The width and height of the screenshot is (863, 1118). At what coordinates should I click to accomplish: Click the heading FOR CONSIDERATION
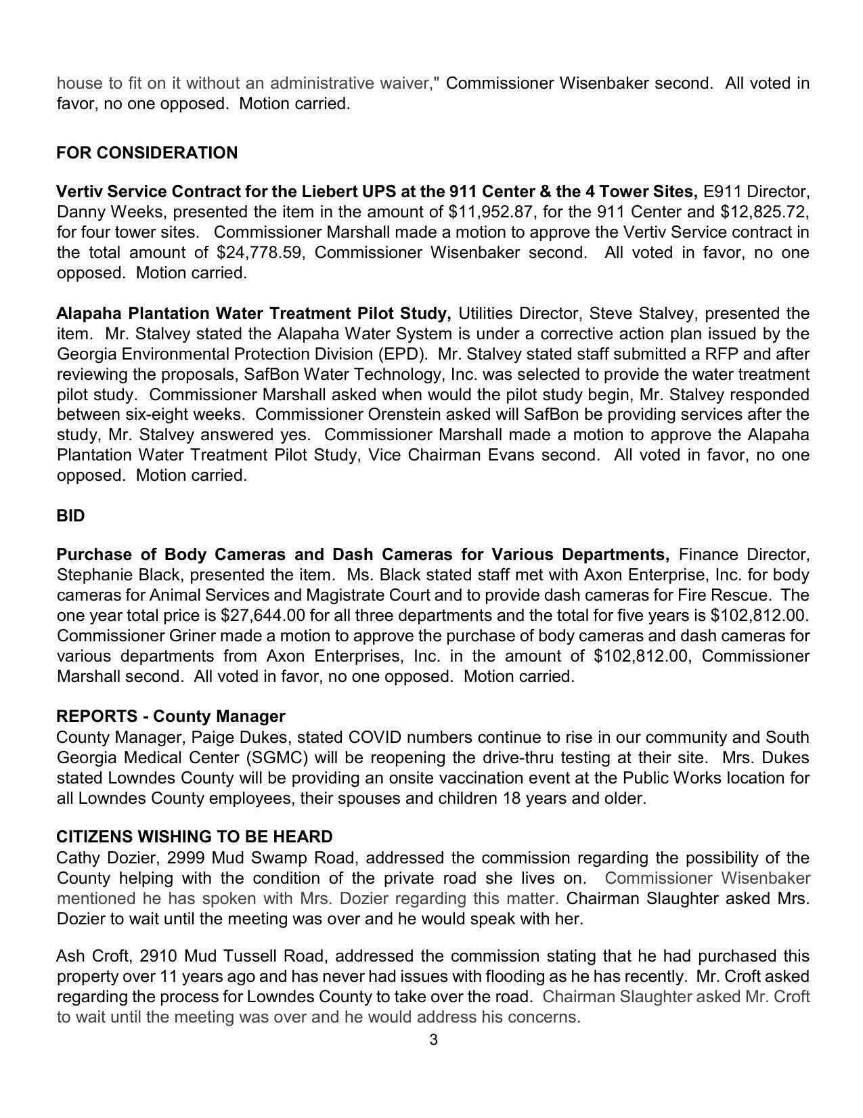[147, 153]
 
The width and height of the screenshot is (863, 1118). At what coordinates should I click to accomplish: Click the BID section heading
[70, 516]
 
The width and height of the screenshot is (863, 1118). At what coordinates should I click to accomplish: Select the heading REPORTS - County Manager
[171, 716]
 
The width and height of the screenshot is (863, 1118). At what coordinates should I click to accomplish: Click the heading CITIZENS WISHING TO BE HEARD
[194, 837]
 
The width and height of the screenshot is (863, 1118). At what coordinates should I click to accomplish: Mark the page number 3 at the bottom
[433, 1040]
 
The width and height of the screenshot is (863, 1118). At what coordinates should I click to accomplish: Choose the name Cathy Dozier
[106, 858]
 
